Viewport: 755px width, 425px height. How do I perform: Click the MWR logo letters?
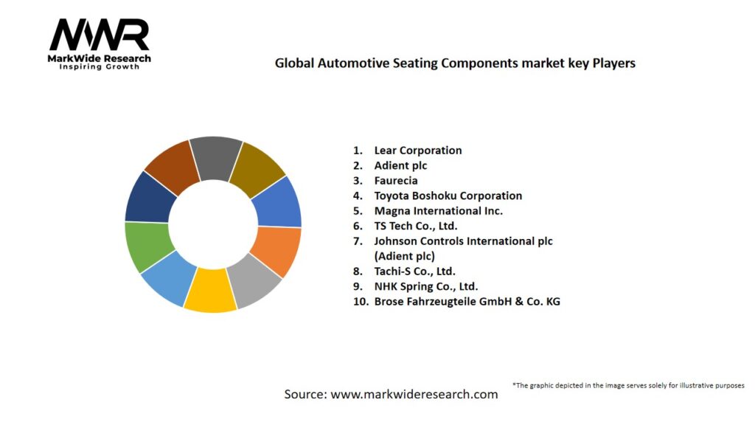pyautogui.click(x=99, y=35)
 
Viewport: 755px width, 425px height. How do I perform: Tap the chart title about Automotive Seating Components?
pyautogui.click(x=455, y=63)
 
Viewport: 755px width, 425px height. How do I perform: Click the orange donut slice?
pyautogui.click(x=276, y=251)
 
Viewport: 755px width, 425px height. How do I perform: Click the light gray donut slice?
pyautogui.click(x=253, y=284)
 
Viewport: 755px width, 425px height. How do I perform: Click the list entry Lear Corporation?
pyautogui.click(x=417, y=151)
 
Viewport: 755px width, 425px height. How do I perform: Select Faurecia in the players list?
pyautogui.click(x=395, y=181)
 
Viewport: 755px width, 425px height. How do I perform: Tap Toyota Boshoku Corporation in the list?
pyautogui.click(x=448, y=196)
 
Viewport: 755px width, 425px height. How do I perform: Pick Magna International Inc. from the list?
pyautogui.click(x=438, y=211)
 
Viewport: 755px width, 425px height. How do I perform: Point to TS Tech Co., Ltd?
pyautogui.click(x=415, y=226)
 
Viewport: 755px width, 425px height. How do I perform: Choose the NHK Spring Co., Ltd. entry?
pyautogui.click(x=425, y=286)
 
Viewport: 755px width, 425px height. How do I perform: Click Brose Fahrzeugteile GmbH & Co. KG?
pyautogui.click(x=467, y=301)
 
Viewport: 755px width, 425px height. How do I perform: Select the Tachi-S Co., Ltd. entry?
pyautogui.click(x=414, y=271)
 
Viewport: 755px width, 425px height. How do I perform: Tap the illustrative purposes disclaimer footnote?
pyautogui.click(x=628, y=385)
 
